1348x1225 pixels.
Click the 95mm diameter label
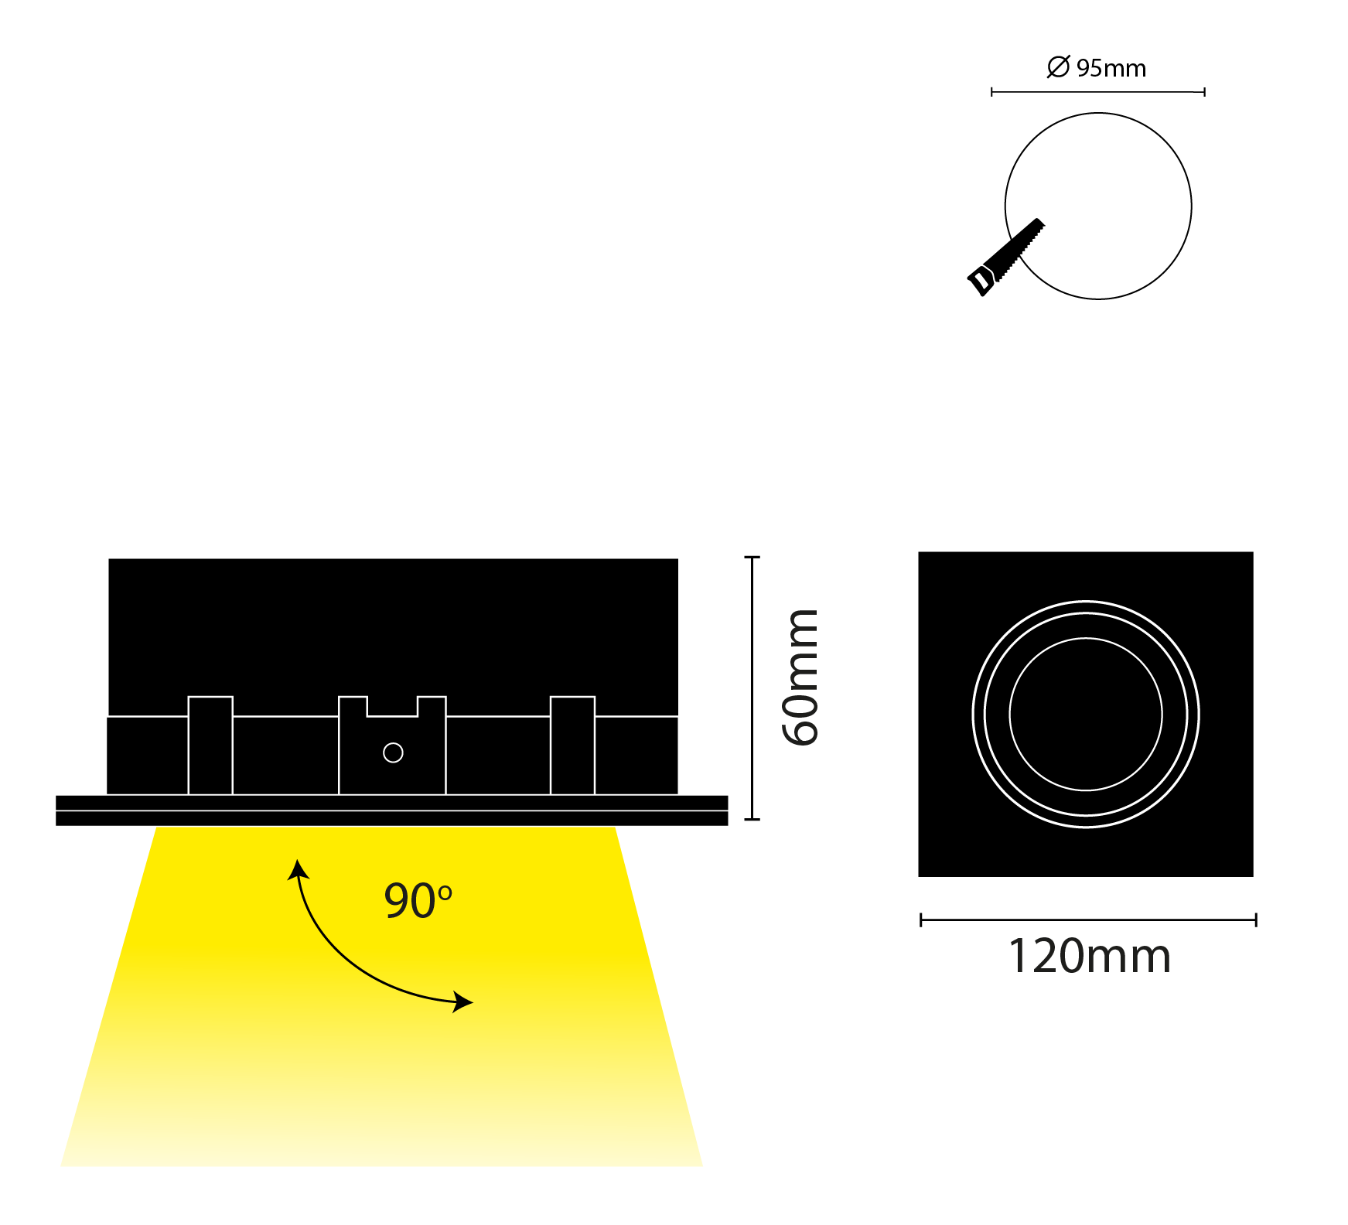1097,67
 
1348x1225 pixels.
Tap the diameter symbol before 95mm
1058,67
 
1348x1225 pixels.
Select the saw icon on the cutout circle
1005,258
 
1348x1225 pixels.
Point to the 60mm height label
800,677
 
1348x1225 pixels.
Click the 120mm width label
1089,956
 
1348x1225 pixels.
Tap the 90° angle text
418,900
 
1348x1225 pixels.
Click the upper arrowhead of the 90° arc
298,869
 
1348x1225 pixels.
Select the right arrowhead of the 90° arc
462,1002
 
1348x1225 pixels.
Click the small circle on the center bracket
393,752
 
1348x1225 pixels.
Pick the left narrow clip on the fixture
210,746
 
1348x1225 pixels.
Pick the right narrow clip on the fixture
572,746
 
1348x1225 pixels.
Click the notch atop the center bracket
392,707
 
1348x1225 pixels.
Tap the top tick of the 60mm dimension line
752,557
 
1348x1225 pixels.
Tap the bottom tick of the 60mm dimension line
752,818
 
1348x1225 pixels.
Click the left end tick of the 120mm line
921,920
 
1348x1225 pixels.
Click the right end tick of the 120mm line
1256,920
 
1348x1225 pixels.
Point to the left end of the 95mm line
992,92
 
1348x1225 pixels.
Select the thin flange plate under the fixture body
391,810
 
